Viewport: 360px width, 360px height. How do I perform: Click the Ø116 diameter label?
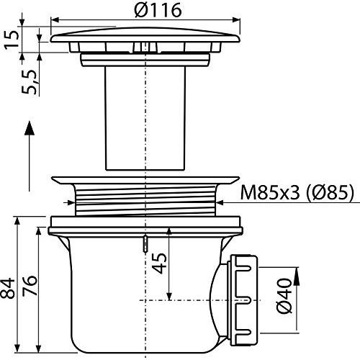(x=158, y=10)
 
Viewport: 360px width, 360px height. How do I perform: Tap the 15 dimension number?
(x=12, y=40)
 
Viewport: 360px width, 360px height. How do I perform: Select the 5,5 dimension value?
(x=30, y=82)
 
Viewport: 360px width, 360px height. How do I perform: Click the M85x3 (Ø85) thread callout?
(x=297, y=192)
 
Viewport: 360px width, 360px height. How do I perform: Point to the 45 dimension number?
(x=160, y=264)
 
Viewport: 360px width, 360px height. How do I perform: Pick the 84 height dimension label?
(x=7, y=289)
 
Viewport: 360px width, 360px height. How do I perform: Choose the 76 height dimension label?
(x=30, y=285)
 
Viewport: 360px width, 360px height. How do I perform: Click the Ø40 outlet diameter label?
(x=284, y=296)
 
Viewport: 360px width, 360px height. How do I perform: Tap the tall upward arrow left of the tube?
(x=30, y=156)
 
